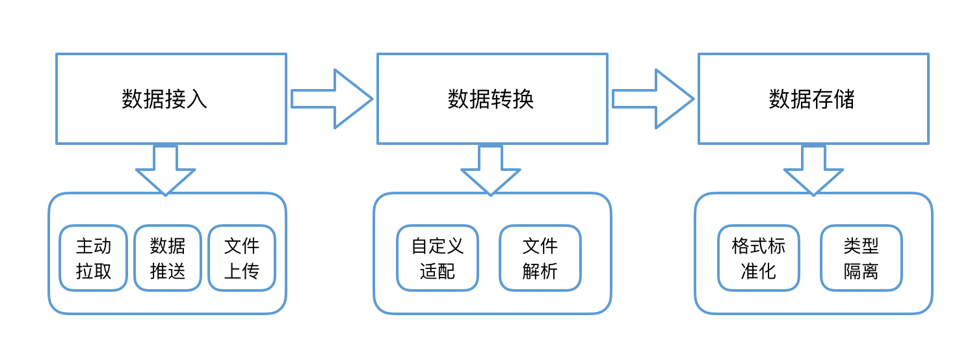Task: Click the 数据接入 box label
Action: coord(164,99)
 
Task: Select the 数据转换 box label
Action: coord(491,99)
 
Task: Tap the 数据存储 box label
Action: coord(812,99)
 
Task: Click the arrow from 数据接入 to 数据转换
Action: coord(332,99)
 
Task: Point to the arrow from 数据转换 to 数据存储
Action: coord(653,99)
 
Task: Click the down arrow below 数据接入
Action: coord(165,169)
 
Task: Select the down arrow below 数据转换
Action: coord(491,169)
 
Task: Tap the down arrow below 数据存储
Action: coord(813,169)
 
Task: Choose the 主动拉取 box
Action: coord(94,258)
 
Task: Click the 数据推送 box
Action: coord(168,258)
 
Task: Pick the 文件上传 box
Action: coord(242,258)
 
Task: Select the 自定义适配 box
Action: coord(438,258)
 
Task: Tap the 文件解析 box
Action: coord(540,258)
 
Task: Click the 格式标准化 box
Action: coord(759,258)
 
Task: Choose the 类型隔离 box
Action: coord(861,258)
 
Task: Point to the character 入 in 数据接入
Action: coord(197,99)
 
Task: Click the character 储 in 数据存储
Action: coord(845,99)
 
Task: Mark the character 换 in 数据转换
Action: coord(523,99)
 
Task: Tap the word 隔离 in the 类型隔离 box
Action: coord(861,271)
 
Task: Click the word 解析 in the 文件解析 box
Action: coord(540,271)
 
